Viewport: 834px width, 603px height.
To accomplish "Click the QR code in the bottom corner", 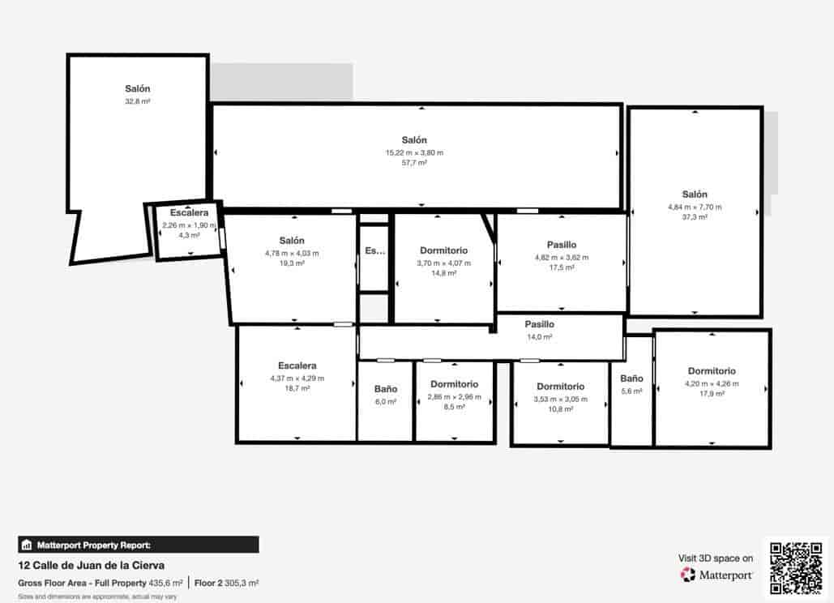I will [x=795, y=567].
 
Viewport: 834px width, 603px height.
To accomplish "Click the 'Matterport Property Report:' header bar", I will [x=139, y=545].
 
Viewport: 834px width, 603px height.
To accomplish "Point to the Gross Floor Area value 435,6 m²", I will [x=165, y=583].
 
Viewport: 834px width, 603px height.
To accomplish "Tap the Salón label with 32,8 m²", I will [x=138, y=89].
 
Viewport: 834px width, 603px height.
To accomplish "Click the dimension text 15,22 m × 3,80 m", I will [x=414, y=152].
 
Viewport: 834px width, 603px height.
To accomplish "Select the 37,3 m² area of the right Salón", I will [x=695, y=217].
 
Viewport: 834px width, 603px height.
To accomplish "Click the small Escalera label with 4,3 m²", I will [x=189, y=213].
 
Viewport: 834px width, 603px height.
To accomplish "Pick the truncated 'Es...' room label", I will [x=374, y=251].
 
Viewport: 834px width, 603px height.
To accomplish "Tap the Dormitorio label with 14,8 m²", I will [x=443, y=250].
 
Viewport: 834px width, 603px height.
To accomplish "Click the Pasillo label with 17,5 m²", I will [x=561, y=245].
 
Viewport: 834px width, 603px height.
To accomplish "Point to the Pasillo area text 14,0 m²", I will [x=539, y=336].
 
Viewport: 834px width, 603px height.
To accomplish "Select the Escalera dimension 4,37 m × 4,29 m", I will [x=297, y=378].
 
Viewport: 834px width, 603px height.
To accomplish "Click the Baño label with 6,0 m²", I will [x=386, y=389].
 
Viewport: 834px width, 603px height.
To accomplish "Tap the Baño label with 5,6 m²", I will [x=631, y=378].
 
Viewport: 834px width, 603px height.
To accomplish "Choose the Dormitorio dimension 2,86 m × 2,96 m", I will [x=454, y=397].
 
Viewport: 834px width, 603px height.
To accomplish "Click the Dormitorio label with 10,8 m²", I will [x=560, y=387].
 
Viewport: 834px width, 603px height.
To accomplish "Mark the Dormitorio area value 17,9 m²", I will [x=712, y=394].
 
